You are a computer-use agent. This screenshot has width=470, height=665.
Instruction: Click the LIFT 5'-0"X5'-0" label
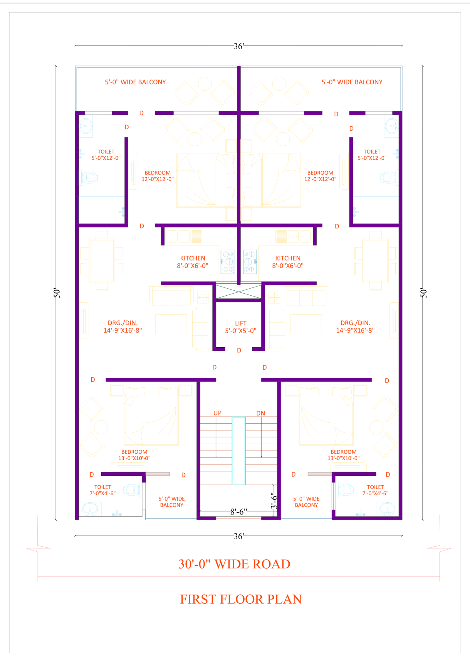[241, 327]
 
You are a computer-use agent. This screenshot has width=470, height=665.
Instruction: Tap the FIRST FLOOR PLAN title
[241, 599]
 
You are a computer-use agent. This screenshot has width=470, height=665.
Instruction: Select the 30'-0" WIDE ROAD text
[234, 564]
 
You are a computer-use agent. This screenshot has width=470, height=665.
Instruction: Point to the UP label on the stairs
[217, 413]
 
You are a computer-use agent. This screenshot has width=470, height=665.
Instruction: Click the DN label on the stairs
[261, 413]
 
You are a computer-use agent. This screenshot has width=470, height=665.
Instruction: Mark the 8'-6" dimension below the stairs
[239, 512]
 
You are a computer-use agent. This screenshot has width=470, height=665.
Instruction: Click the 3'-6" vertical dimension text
[274, 501]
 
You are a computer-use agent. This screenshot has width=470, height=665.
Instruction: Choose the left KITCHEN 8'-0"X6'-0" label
[192, 262]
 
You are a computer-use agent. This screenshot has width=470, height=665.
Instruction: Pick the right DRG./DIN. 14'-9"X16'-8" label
[355, 326]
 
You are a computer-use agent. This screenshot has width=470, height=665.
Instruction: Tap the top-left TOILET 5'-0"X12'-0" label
[106, 155]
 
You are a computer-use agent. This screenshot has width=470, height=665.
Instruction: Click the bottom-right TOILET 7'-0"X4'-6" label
[375, 490]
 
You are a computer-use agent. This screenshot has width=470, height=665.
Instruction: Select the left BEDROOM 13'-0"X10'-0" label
[134, 455]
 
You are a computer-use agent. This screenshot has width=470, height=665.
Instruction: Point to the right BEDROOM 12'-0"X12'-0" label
[320, 176]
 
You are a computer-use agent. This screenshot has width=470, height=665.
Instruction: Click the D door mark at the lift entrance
[239, 350]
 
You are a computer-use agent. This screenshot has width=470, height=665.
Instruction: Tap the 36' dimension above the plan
[239, 46]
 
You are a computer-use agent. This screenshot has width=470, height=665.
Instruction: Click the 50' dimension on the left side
[57, 293]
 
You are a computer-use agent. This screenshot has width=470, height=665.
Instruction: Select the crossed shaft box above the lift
[239, 292]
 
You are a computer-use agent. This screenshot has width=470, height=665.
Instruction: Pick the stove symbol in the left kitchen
[227, 261]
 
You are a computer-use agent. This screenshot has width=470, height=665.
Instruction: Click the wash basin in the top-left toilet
[86, 126]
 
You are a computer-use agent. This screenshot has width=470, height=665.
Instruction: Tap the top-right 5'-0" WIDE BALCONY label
[352, 82]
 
